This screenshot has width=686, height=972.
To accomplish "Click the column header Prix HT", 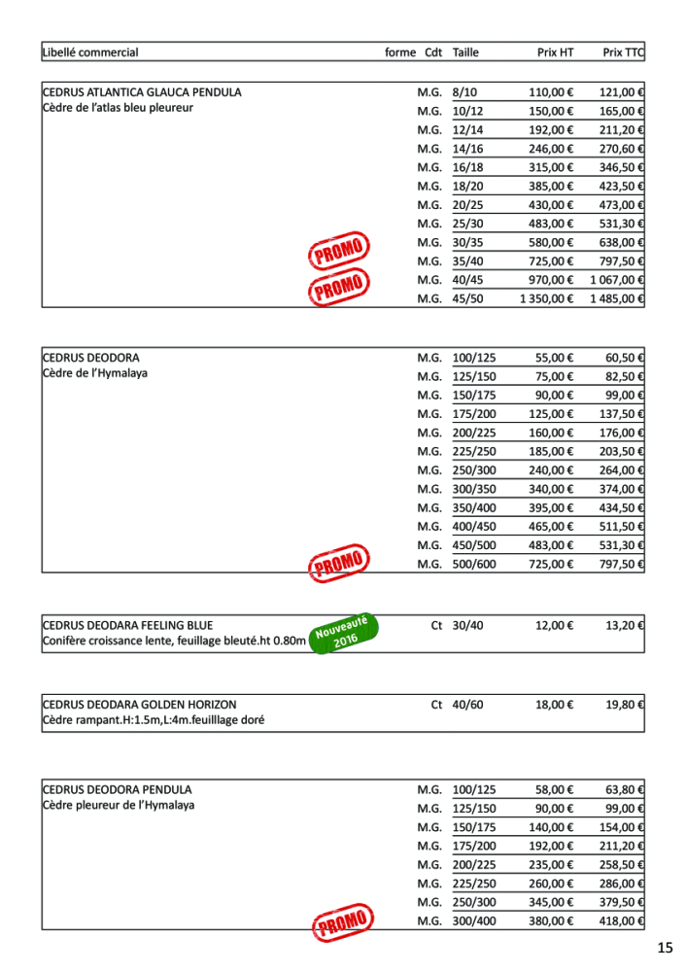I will pos(555,52).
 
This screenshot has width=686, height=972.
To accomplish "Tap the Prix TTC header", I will pos(623,52).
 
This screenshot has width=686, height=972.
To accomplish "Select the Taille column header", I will pos(465,52).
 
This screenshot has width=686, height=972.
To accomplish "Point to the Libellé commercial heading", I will pos(90,52).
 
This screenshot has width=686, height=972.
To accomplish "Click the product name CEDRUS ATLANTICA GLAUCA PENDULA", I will pos(142,92).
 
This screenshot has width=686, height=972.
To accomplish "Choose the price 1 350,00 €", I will pos(546,298).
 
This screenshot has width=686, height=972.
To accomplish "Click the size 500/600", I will pos(473,564).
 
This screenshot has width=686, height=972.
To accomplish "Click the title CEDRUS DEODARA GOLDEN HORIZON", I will pos(139,703).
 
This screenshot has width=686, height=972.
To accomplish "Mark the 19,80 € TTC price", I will pos(626,703).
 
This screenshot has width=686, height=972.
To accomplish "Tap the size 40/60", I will pos(466,703).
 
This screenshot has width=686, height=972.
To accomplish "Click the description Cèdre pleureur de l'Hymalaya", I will pos(119,806).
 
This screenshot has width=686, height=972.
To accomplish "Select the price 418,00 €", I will pos(622,920).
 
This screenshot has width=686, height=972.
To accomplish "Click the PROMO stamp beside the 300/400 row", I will pos(341,923).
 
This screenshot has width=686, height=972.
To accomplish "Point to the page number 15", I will pos(664,948).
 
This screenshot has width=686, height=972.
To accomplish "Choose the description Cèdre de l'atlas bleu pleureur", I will pos(118,108).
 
